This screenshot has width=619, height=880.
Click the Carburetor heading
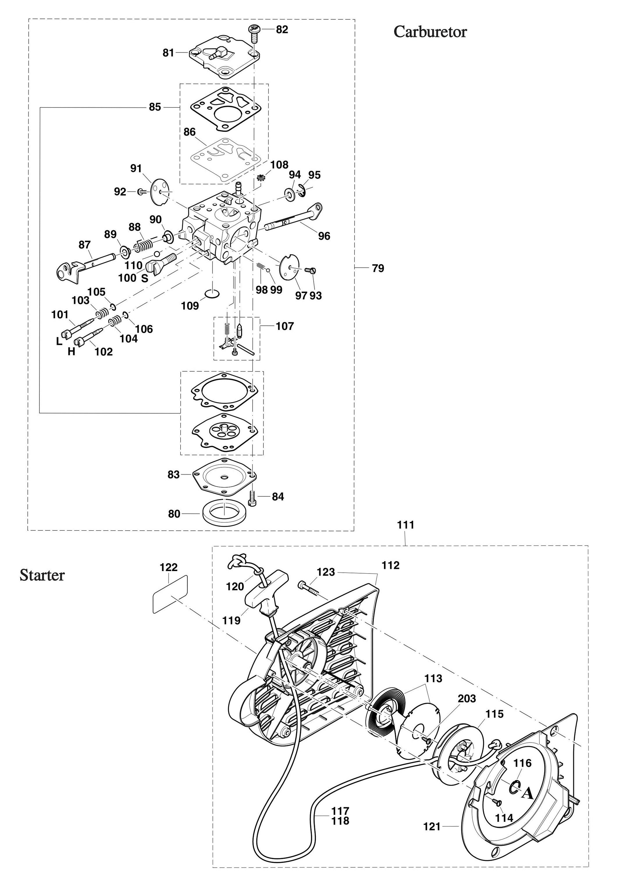coord(430,32)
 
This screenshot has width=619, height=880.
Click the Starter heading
coord(42,575)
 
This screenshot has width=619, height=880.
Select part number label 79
coord(378,268)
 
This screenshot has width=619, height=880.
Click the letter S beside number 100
coord(145,278)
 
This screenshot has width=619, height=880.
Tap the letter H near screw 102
coord(71,352)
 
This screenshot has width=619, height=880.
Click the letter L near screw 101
coord(59,341)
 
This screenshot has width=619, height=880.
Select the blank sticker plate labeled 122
coord(170,594)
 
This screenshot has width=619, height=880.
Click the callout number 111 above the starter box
coord(406,525)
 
